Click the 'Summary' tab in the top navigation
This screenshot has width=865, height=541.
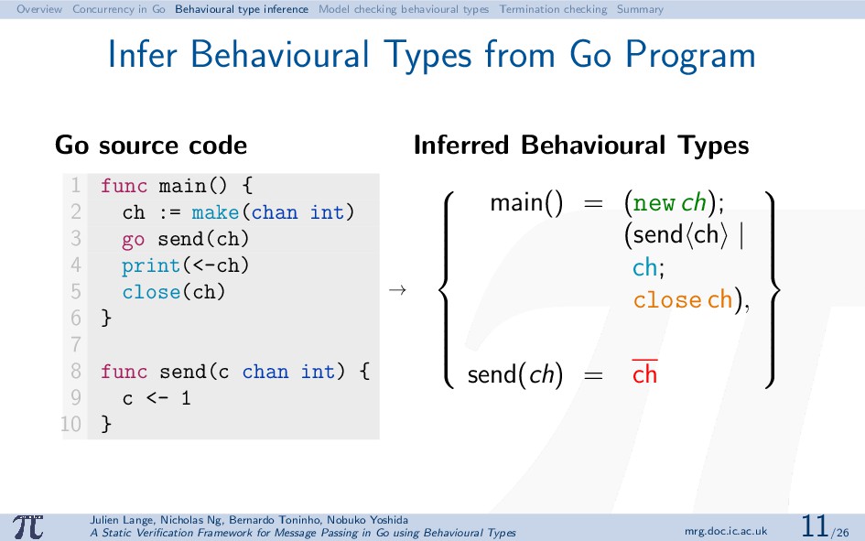coord(640,9)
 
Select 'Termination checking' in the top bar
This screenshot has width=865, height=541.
coord(553,9)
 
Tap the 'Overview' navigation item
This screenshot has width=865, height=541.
coord(39,9)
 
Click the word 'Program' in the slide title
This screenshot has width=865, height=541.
coord(689,55)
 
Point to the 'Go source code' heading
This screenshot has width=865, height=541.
coord(151,145)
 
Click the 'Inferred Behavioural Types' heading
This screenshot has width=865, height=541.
coord(581,145)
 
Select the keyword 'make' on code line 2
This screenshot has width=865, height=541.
coord(215,212)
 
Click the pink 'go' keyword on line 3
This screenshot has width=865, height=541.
coord(134,240)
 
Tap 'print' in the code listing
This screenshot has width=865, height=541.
coord(151,265)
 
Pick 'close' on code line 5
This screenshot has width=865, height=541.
coord(151,292)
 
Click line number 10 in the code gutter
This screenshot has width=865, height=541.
coord(71,424)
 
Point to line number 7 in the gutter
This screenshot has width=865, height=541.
coord(76,345)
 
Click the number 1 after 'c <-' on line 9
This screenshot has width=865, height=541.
coord(186,397)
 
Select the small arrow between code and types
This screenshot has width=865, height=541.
coord(397,289)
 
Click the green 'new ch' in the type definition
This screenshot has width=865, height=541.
coord(669,203)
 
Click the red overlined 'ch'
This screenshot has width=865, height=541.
coord(645,373)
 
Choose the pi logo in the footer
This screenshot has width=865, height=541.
coord(28,526)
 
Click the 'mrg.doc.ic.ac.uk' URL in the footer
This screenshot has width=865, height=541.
coord(726,532)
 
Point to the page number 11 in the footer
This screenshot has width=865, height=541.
coord(814,525)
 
